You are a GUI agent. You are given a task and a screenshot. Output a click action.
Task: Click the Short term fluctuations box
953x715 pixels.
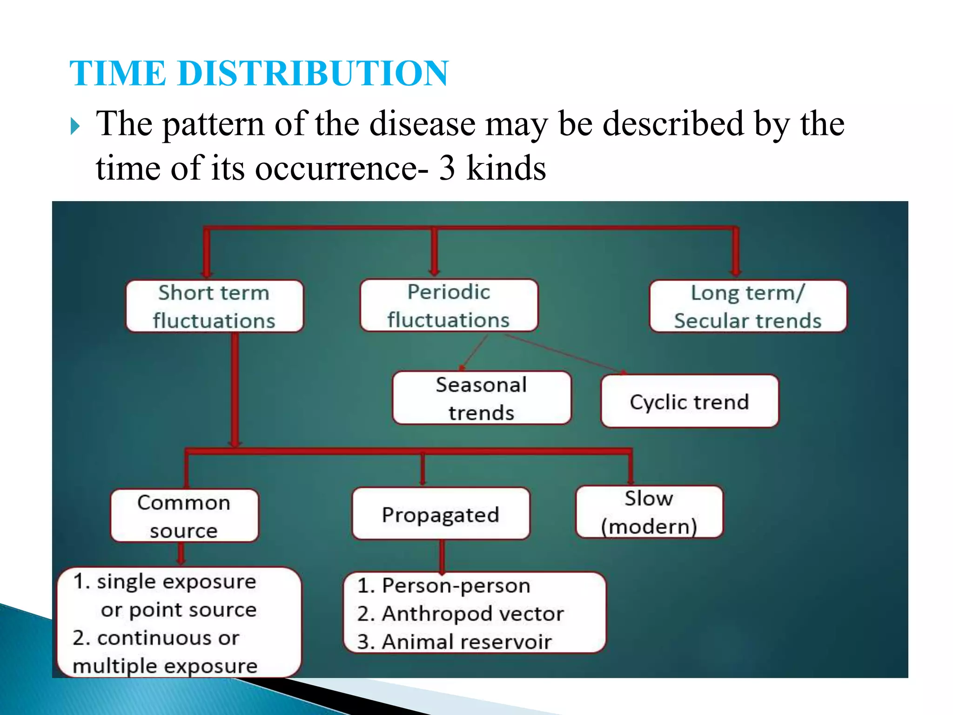pos(215,306)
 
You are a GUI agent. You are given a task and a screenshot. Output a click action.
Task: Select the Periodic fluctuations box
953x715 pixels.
pos(449,305)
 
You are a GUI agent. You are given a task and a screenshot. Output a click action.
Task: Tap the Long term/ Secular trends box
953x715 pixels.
pos(748,306)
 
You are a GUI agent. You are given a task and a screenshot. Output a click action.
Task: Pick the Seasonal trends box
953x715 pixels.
pos(481,398)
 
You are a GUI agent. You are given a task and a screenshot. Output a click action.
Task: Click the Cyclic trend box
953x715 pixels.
pos(689,401)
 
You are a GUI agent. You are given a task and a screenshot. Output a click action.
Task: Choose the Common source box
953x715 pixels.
pos(184,515)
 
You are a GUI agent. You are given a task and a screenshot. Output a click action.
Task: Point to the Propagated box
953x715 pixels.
pos(440,514)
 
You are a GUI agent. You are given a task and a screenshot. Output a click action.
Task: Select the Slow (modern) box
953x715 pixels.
pos(649,512)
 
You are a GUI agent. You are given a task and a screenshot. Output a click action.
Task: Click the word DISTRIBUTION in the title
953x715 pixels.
pos(313,74)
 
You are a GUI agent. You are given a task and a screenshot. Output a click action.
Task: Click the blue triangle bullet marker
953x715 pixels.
pos(75,126)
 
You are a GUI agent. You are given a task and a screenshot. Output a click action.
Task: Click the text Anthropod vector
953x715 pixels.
pos(472,614)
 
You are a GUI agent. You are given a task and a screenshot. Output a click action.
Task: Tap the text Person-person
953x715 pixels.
pos(456,586)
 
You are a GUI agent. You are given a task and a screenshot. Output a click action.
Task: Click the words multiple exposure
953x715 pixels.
pos(165,666)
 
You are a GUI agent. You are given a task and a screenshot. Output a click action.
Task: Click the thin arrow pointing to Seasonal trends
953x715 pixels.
pos(474,353)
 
